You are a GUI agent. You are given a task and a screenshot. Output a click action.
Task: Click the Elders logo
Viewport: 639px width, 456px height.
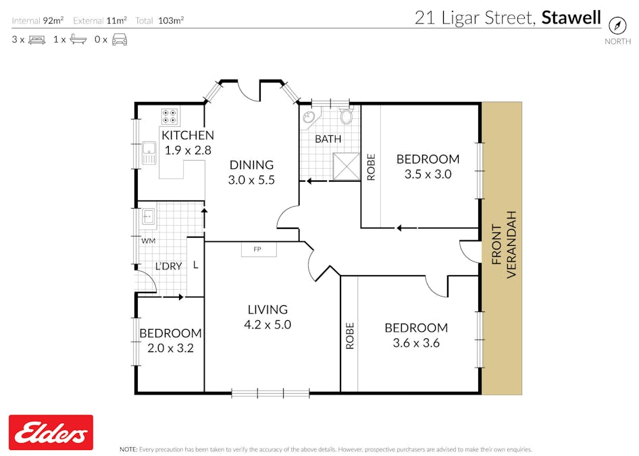[x=51, y=432]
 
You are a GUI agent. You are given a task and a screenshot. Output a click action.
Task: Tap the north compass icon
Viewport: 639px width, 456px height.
[x=617, y=26]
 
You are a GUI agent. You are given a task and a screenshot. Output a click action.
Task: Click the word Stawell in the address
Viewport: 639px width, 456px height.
[x=571, y=18]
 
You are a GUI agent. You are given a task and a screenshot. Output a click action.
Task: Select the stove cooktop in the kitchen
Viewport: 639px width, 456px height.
[x=170, y=116]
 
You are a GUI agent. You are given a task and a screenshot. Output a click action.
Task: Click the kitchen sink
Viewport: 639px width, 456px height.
[x=149, y=153]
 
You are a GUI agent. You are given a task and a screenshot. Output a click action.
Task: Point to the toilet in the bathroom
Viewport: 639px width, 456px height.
[x=346, y=116]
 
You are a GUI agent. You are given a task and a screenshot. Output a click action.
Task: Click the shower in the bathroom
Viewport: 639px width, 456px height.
[x=347, y=166]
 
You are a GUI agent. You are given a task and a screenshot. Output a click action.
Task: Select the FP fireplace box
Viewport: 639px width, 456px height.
[x=259, y=249]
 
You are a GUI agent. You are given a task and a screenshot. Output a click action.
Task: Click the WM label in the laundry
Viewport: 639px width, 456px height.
[x=149, y=241]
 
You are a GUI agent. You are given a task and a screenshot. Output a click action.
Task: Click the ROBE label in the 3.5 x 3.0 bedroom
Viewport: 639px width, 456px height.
[x=371, y=167]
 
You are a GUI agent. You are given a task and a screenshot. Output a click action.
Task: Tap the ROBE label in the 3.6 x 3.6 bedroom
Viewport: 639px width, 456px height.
[x=350, y=336]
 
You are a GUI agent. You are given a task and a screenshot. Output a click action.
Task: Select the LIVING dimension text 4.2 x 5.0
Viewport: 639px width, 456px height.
[x=267, y=325]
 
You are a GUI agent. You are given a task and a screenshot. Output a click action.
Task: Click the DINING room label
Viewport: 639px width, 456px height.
[x=251, y=165]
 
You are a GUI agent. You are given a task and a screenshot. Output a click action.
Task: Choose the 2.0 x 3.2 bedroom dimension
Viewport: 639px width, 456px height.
[x=170, y=349]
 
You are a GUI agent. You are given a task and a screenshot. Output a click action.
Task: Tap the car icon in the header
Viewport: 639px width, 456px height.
[x=120, y=40]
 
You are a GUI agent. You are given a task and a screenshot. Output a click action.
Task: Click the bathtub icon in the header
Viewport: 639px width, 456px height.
[x=78, y=39]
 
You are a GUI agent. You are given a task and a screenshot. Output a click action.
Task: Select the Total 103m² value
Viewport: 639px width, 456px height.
[x=171, y=20]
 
